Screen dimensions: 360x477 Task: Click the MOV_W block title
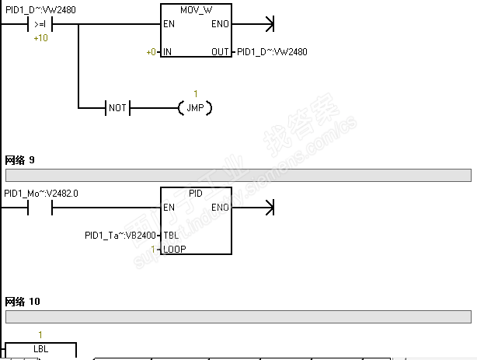click(196, 12)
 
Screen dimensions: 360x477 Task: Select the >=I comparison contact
click(40, 24)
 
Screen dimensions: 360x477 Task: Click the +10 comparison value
click(40, 37)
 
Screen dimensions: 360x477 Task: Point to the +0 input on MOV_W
click(151, 52)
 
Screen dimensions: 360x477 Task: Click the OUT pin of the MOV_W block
click(221, 52)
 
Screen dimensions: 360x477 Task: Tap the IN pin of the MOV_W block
click(168, 52)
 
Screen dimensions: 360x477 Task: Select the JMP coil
click(195, 107)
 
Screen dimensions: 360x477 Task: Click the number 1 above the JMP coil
click(196, 94)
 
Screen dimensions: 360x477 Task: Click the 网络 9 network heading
click(20, 160)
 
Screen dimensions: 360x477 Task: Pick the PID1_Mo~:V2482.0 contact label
click(41, 193)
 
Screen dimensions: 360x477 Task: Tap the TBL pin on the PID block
click(170, 235)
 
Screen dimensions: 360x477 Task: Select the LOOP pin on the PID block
click(175, 249)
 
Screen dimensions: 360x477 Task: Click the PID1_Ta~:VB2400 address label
click(120, 235)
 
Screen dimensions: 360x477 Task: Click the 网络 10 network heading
click(23, 301)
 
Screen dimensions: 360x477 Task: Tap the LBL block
click(40, 350)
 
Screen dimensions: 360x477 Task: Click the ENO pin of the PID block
click(220, 207)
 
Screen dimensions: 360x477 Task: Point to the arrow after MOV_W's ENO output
click(269, 24)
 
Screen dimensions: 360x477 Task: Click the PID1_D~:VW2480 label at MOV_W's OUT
click(272, 52)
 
